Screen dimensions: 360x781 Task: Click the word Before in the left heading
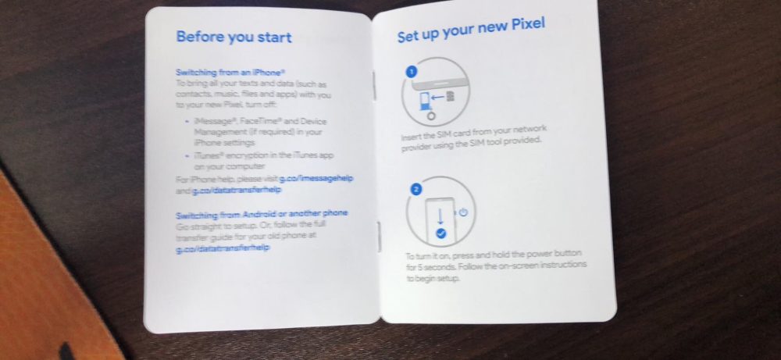click(198, 37)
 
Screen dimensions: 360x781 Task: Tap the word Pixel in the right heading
click(524, 28)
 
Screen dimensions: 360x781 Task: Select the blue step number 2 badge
click(416, 188)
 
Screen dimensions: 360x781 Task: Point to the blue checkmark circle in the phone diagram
click(442, 232)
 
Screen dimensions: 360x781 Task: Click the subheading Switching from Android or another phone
click(262, 213)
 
